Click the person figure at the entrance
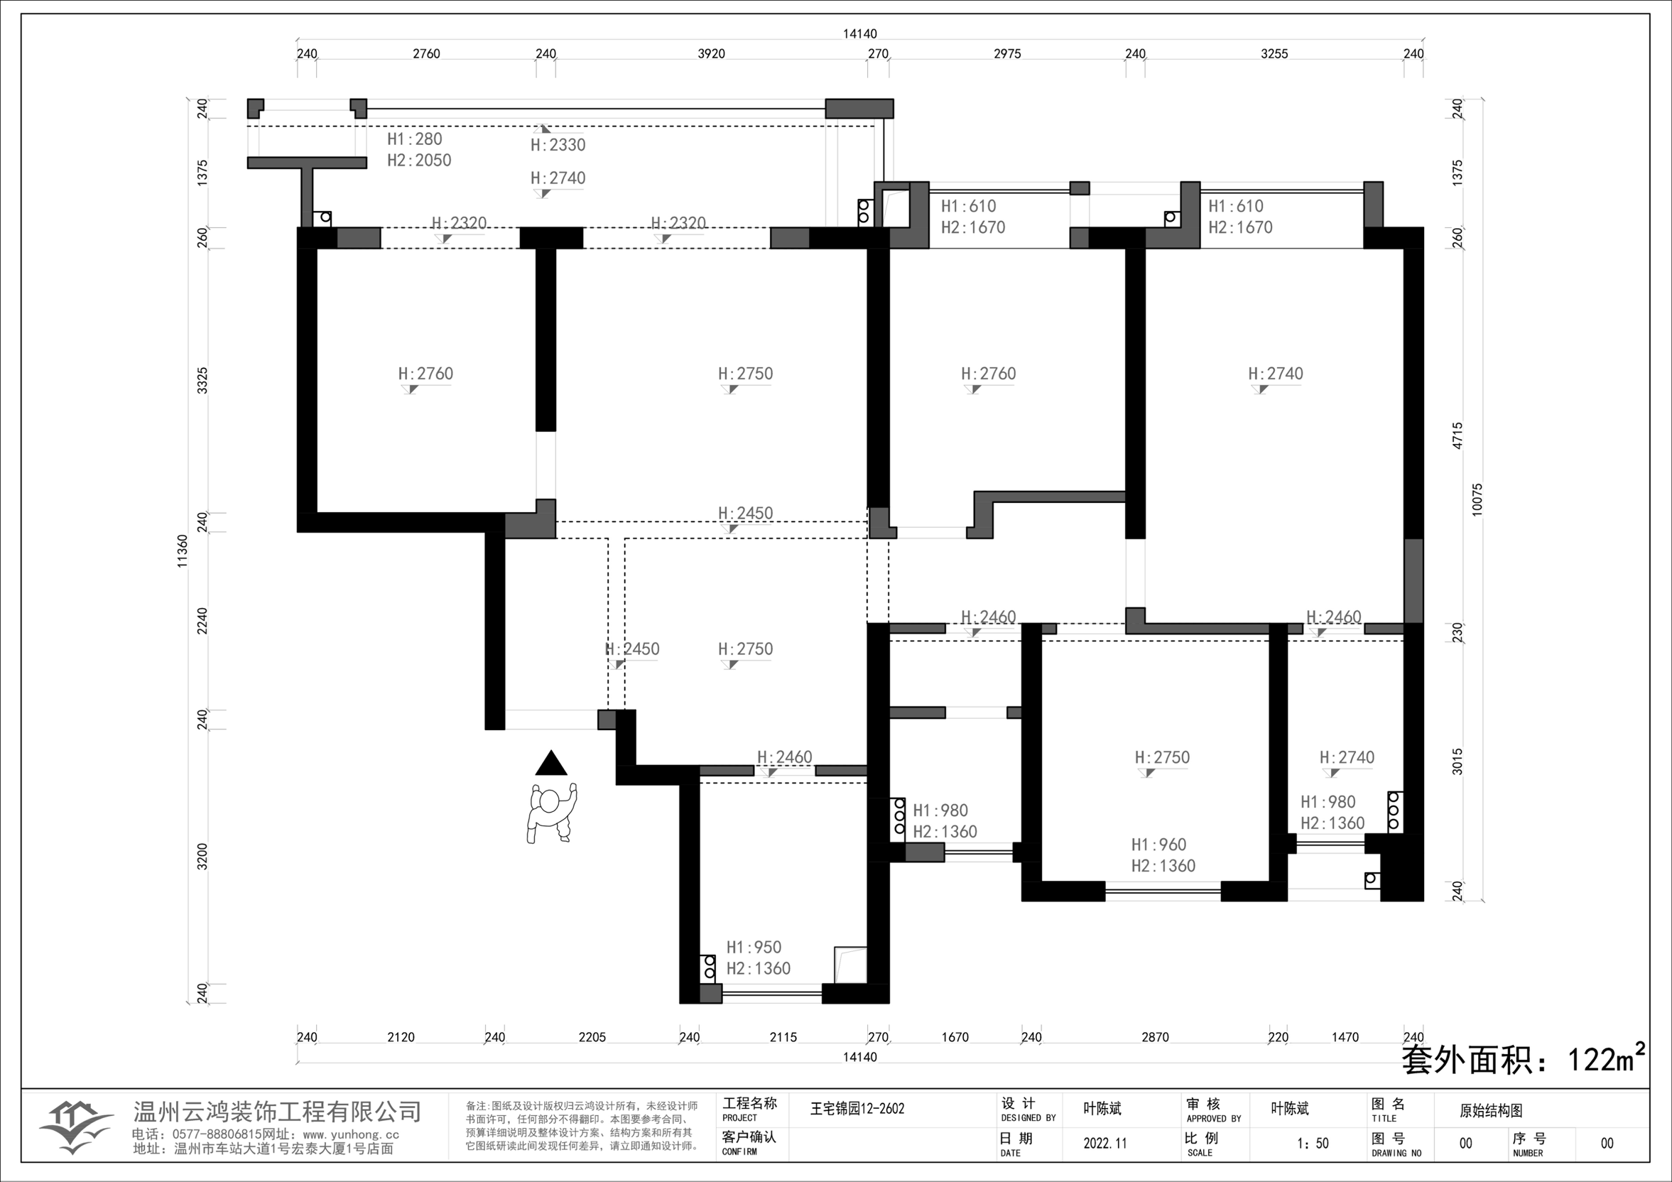551,813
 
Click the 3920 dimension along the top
712,53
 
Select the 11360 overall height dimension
183,551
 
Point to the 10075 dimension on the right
1477,499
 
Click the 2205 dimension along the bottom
592,1037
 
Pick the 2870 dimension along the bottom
1155,1037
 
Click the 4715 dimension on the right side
1457,435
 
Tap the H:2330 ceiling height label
558,145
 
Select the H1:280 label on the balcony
414,139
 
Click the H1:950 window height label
754,948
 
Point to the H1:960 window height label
1158,845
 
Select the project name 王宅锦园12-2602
857,1108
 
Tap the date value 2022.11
1104,1143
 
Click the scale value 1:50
1313,1143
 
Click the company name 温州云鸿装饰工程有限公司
278,1112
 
